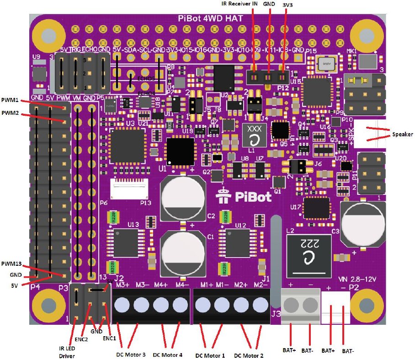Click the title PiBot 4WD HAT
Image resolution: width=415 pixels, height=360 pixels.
210,18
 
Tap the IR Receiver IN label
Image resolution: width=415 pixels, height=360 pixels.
239,4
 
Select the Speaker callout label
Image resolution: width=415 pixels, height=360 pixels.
402,135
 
